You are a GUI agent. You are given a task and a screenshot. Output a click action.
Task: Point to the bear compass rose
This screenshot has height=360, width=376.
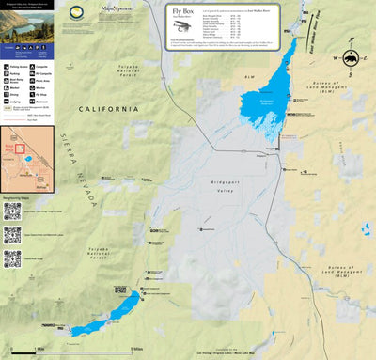[351, 57]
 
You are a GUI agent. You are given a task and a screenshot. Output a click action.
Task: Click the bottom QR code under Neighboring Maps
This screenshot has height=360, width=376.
[12, 259]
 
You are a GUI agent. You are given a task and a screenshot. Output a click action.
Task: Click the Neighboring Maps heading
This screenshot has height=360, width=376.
[21, 196]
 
